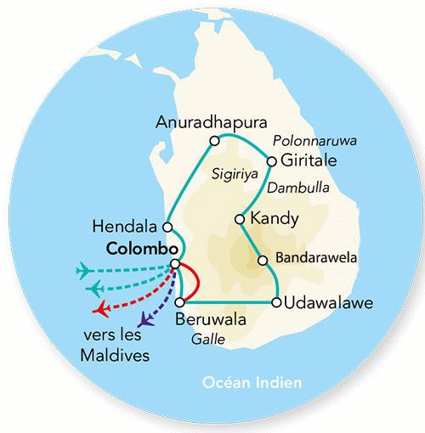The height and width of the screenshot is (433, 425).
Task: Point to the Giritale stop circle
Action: [x=271, y=160]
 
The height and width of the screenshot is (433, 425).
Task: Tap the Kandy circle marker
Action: [x=241, y=219]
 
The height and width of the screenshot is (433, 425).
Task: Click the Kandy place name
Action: [x=275, y=220]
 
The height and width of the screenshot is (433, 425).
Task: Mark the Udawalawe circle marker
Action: [x=275, y=302]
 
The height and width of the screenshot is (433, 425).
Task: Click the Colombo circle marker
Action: [x=174, y=265]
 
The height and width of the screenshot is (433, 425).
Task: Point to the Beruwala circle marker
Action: [x=179, y=302]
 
